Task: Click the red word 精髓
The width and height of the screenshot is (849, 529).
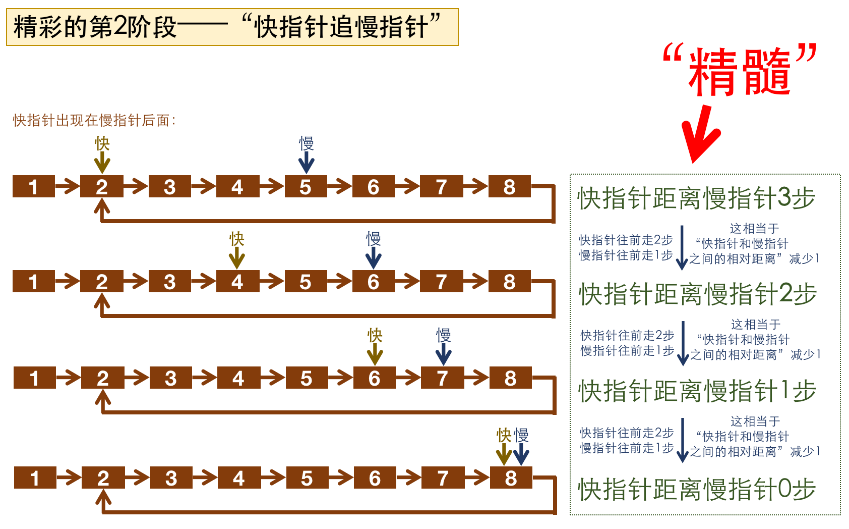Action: point(739,72)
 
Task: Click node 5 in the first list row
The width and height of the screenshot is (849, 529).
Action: point(306,187)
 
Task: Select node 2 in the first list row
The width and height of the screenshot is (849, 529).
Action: point(102,187)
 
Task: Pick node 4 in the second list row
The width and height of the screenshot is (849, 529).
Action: point(237,282)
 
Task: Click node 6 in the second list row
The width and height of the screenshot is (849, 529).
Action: point(374,282)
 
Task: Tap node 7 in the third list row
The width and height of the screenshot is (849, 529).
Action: point(443,378)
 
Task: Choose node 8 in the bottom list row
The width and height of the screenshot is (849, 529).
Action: point(511,478)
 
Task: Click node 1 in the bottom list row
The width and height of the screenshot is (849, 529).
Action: point(35,478)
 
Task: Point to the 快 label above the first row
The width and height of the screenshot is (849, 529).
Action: point(102,143)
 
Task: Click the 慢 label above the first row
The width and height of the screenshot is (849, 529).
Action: point(307,143)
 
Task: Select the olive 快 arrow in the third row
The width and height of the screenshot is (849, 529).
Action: point(375,354)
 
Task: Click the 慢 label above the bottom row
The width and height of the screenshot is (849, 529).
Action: point(521,435)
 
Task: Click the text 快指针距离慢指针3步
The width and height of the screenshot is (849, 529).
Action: point(696,198)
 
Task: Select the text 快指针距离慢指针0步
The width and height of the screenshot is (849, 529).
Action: point(697,489)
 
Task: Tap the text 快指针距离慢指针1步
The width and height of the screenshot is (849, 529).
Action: point(697,391)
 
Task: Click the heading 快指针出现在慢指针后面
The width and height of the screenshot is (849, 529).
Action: point(94,121)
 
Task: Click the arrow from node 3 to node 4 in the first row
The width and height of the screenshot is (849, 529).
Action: point(204,187)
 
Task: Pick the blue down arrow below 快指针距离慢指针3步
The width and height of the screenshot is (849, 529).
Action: point(682,247)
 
